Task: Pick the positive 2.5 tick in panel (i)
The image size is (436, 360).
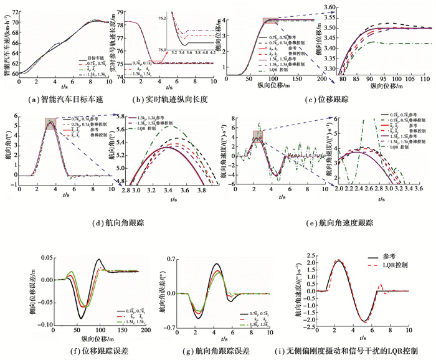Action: click(301, 253)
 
